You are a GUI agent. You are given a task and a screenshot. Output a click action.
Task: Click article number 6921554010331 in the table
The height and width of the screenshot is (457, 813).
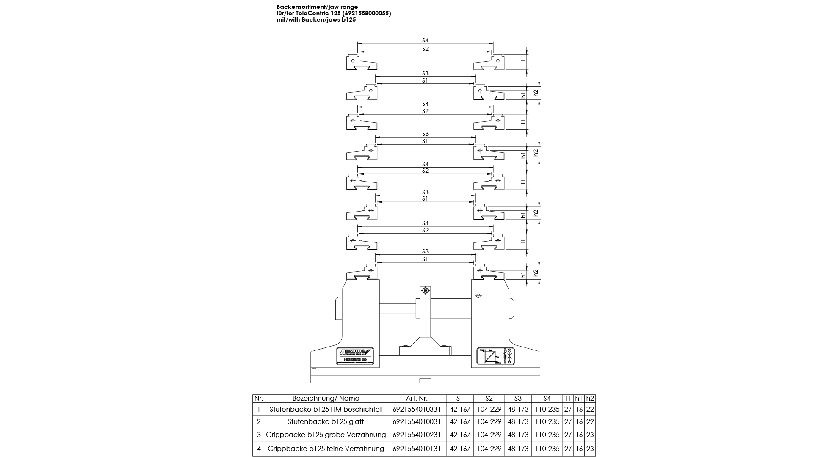417,409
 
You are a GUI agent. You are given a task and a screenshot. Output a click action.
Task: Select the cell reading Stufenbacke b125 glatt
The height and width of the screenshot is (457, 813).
326,421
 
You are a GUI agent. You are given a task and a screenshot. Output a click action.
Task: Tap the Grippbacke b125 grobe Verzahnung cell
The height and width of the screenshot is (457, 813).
326,435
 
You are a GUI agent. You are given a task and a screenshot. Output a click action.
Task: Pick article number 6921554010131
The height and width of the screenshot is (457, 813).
417,449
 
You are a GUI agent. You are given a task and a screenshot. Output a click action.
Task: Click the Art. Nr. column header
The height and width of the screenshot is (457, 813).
417,398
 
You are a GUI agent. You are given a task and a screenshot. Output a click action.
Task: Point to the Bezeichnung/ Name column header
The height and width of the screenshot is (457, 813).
326,398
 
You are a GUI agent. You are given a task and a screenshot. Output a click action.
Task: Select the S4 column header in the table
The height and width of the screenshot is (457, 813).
547,398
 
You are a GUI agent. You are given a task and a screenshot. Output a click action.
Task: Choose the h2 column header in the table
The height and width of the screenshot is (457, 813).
590,398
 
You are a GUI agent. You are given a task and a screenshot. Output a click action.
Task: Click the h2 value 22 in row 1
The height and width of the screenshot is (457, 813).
590,409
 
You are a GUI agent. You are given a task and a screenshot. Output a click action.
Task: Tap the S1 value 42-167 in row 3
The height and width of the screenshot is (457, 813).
460,435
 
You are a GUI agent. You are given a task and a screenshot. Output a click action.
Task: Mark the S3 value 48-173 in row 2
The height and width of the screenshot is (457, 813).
518,421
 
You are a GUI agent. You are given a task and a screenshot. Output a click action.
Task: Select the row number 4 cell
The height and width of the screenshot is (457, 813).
259,449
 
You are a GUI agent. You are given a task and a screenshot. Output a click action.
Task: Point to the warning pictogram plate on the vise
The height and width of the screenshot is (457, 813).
495,356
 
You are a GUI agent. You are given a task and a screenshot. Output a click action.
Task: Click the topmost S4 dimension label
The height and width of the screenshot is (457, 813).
425,40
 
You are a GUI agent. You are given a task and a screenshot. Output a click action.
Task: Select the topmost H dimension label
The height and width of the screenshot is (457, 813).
523,62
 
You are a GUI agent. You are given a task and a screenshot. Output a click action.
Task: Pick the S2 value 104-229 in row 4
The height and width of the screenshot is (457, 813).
489,449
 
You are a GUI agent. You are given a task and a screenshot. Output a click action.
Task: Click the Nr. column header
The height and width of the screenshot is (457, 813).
259,398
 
